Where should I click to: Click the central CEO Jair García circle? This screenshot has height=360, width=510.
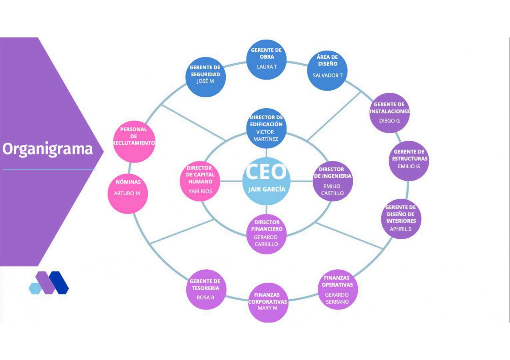266,181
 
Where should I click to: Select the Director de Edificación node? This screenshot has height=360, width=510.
266,128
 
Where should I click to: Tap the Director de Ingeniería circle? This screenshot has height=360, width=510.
332,181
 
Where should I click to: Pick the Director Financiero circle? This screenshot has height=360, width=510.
266,234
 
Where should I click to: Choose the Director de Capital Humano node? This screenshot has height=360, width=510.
200,181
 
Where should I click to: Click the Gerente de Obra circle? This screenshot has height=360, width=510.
266,60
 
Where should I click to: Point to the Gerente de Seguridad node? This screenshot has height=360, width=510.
205,77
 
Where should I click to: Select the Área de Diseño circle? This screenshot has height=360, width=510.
327,71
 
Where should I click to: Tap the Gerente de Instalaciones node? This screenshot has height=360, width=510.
389,113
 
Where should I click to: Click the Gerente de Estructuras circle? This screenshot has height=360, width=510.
409,161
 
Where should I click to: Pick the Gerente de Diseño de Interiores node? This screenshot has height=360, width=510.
401,219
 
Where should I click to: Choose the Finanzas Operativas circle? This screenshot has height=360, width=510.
337,289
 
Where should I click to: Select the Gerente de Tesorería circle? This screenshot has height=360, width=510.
206,289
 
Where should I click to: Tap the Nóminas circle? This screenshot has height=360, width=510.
128,194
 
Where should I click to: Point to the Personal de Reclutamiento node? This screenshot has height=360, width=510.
134,141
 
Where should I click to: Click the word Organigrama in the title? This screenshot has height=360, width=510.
48,149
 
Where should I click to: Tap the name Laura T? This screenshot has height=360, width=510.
267,67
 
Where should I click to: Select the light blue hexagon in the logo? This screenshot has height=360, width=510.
35,288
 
